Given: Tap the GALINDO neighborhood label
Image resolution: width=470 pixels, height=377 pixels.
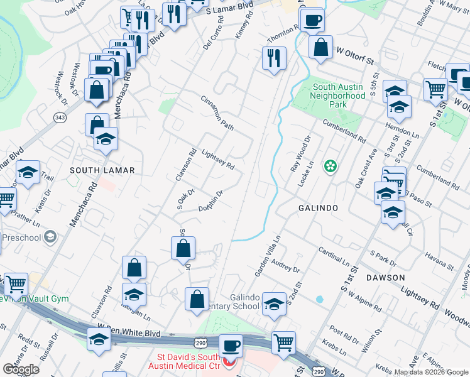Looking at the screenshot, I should (319, 207).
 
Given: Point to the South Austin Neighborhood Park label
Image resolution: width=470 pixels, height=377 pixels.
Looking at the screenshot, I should (339, 92).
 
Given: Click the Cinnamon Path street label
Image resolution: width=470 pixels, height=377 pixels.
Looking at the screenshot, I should (217, 114).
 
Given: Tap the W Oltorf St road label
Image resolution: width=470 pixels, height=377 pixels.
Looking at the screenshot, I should (355, 57).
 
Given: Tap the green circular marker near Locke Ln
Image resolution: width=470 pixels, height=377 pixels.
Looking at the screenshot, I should (330, 167).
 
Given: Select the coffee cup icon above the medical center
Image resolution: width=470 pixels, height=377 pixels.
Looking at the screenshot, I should (231, 346).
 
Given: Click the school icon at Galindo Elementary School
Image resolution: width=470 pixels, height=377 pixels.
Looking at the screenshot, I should (274, 305).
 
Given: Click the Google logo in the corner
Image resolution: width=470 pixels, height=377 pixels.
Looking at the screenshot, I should (21, 369).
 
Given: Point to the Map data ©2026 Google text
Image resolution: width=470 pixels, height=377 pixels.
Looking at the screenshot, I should (431, 372).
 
